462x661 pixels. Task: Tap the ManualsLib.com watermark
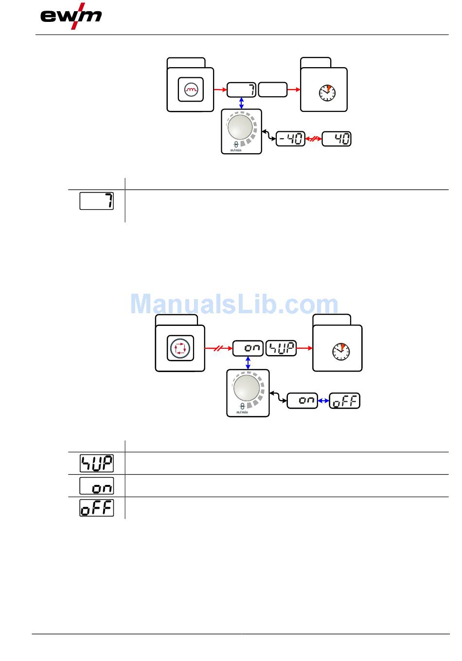[234, 304]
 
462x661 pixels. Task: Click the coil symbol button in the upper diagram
[191, 89]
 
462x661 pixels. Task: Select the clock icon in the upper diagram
[327, 92]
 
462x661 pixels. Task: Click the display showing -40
[290, 139]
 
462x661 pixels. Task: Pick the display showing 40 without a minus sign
[337, 139]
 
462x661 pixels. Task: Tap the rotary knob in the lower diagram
[247, 388]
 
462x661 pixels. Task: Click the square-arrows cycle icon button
[180, 349]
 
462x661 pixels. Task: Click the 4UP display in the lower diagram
[281, 348]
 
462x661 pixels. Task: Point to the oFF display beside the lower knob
[345, 401]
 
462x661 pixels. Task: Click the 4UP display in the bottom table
[97, 463]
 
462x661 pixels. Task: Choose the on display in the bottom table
[97, 485]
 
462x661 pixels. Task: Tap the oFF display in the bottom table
[97, 508]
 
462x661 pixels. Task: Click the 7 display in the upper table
[97, 201]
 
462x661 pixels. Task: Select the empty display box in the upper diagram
[273, 89]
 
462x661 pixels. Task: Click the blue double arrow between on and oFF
[323, 401]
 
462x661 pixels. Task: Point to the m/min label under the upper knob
[236, 150]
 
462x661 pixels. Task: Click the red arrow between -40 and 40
[314, 139]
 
